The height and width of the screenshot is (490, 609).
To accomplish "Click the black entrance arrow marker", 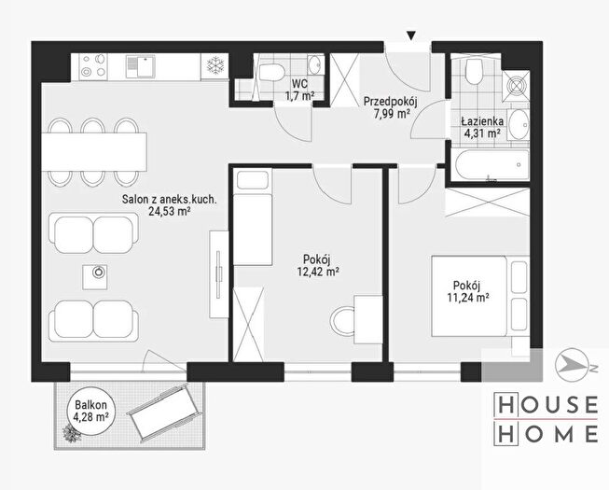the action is (x=411, y=36).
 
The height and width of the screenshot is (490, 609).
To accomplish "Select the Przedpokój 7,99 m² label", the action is (x=390, y=108).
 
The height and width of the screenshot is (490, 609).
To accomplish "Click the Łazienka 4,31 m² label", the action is (x=482, y=127).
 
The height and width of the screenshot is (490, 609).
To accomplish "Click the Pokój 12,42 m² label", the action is (x=317, y=265).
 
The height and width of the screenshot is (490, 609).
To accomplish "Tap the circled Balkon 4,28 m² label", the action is (x=90, y=411).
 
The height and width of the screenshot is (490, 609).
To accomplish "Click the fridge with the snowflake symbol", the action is (x=215, y=67).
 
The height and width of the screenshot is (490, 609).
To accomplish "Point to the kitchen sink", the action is (x=140, y=66).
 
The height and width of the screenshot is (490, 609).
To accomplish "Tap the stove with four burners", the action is (x=93, y=67).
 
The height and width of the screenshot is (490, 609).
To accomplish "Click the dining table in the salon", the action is (x=94, y=152).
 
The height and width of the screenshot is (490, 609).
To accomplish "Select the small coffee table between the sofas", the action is (x=95, y=277).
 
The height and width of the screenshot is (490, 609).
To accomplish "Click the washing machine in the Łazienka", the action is (x=516, y=86).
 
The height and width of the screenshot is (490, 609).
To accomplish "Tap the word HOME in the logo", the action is (x=546, y=434).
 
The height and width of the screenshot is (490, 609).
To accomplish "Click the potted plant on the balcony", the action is (x=72, y=432).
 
